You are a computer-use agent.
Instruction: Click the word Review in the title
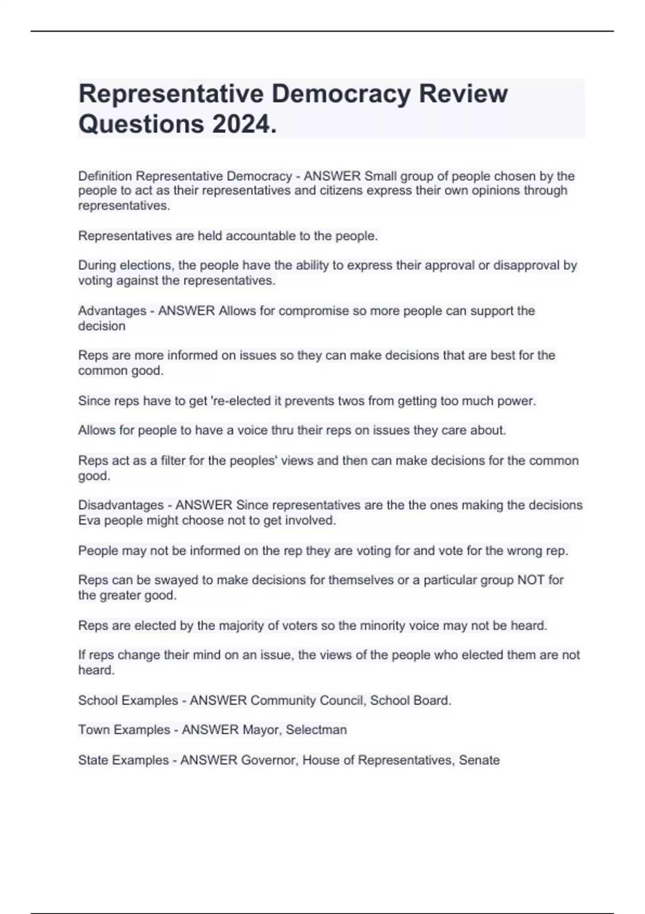coord(463,94)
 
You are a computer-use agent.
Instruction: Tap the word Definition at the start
coord(105,176)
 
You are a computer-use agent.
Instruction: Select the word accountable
coord(258,235)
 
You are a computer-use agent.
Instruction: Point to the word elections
coord(145,265)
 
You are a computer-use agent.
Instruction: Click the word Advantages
coord(112,310)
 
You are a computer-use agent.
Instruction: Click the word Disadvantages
coord(121,505)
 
